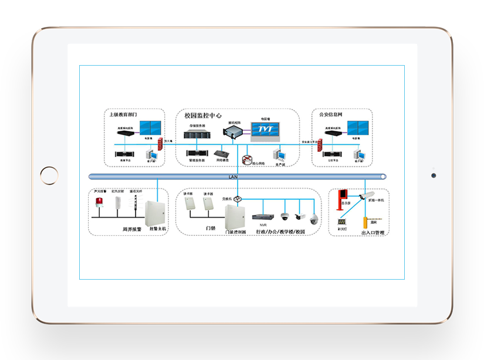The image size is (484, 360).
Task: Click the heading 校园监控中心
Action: (202, 116)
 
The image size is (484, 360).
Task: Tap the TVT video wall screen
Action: (268, 131)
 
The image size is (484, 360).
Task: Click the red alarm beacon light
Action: (99, 203)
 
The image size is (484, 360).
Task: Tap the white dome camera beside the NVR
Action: (285, 216)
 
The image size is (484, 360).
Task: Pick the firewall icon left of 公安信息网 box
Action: (320, 144)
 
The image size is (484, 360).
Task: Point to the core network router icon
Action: (248, 158)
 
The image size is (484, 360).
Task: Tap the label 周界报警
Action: (132, 229)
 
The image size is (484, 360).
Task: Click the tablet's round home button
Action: (49, 175)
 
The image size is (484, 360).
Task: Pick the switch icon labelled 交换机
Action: (238, 200)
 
